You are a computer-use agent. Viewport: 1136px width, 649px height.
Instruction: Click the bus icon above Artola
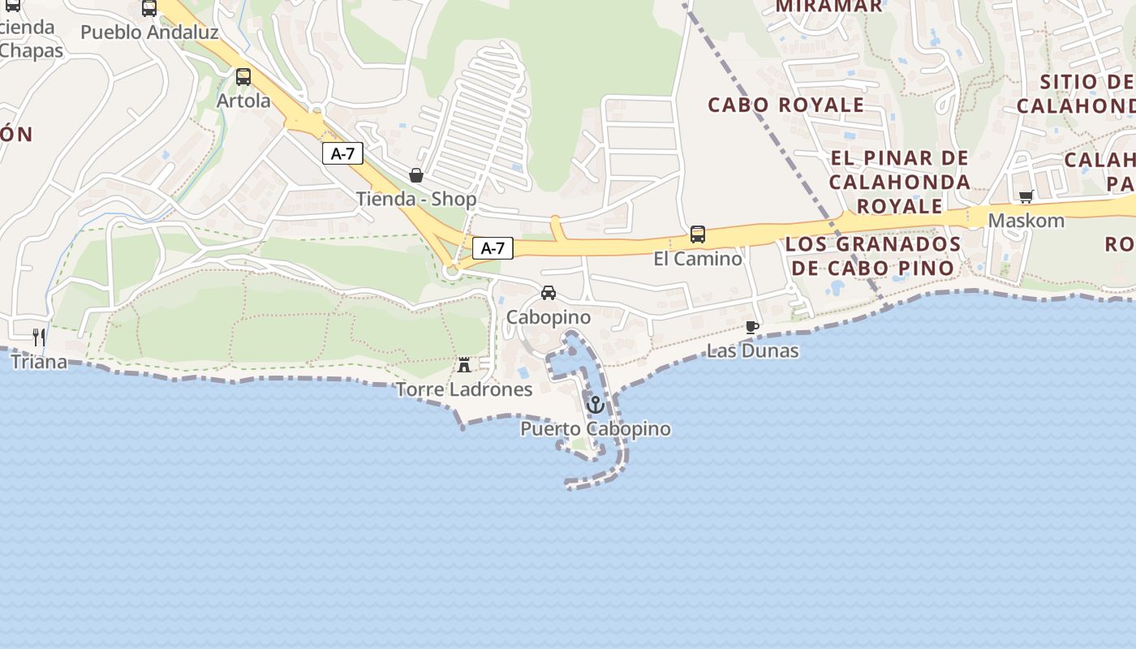[x=243, y=77]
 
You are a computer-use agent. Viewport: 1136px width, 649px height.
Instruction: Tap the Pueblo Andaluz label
[x=149, y=32]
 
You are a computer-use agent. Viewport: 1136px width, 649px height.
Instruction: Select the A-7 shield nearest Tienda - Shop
[x=342, y=153]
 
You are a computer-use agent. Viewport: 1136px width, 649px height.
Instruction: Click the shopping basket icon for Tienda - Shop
[x=416, y=175]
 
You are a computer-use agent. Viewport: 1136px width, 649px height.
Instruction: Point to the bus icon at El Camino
[x=698, y=234]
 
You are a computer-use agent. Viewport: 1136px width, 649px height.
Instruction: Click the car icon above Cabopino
[x=549, y=293]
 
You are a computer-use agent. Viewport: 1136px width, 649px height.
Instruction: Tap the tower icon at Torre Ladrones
[x=464, y=365]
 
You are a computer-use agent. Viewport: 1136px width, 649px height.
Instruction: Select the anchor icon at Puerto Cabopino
[x=596, y=404]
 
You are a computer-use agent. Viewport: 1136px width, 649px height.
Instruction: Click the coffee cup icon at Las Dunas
[x=752, y=327]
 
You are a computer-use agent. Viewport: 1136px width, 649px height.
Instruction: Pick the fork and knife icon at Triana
[x=39, y=337]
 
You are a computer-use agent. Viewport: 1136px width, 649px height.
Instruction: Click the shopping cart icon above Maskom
[x=1026, y=196]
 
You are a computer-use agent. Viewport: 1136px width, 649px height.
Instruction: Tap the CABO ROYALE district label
[x=785, y=105]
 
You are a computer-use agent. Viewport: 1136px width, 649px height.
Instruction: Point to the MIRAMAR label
[x=828, y=6]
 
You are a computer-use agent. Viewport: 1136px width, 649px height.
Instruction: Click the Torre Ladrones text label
[x=464, y=389]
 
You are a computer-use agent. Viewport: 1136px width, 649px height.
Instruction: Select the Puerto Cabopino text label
[x=596, y=429]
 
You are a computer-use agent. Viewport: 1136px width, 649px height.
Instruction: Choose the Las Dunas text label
[x=752, y=351]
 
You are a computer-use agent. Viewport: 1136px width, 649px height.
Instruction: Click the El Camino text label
[x=698, y=259]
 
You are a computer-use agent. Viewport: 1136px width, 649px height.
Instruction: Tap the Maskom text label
[x=1026, y=221]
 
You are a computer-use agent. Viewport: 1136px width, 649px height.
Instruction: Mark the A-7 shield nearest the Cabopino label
[x=493, y=248]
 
